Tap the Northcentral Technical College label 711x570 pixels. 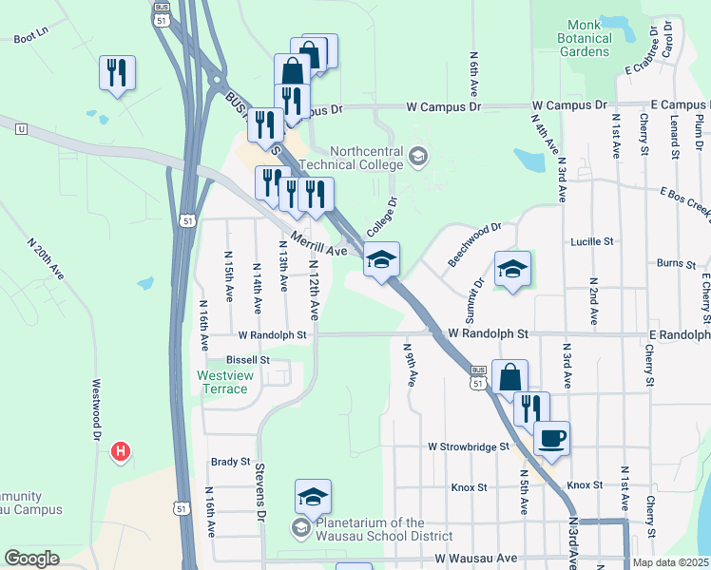click(366, 159)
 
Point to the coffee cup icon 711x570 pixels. click(551, 439)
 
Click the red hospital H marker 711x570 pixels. click(121, 452)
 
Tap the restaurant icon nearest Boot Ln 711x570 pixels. click(117, 73)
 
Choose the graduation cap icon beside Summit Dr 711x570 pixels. click(512, 269)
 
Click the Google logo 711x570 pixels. click(31, 559)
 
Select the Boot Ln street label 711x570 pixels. click(30, 39)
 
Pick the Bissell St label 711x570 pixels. click(248, 360)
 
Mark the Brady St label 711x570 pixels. click(230, 462)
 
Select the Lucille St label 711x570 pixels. click(592, 242)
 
